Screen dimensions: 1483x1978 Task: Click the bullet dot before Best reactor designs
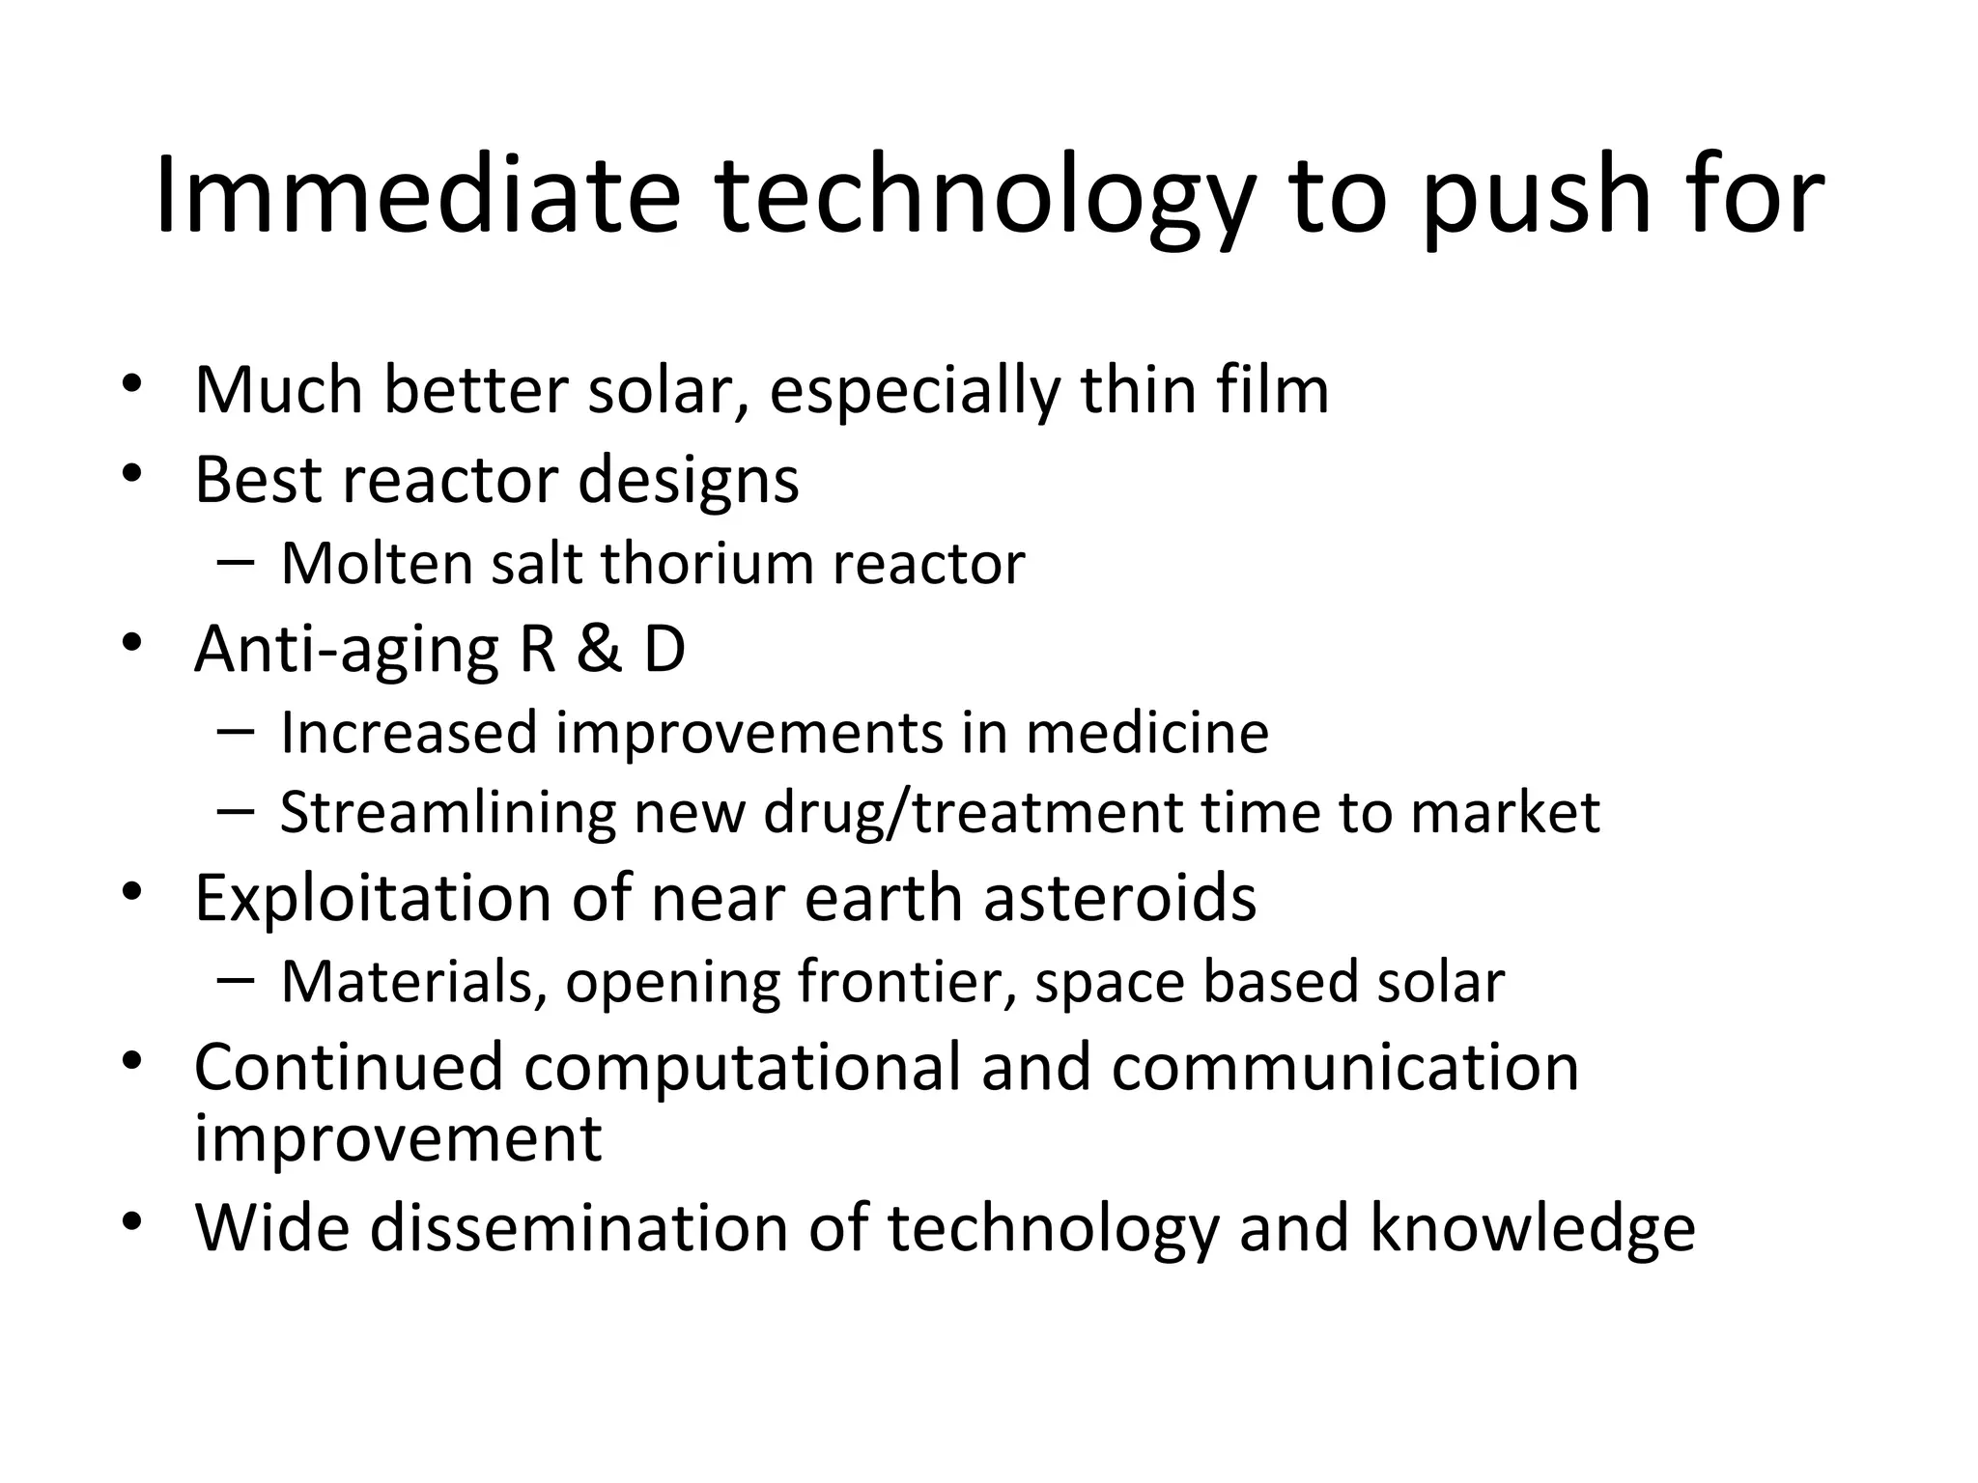click(x=132, y=473)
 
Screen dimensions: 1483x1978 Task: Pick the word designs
click(x=689, y=480)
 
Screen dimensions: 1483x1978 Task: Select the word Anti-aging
click(x=347, y=650)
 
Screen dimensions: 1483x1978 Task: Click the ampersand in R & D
click(x=600, y=649)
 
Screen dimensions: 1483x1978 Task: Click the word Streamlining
click(x=447, y=813)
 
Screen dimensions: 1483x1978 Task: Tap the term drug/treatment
click(x=973, y=813)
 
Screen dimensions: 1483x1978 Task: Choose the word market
click(x=1505, y=813)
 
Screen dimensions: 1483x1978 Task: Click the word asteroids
click(x=1119, y=898)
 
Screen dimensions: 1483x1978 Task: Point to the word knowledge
click(x=1532, y=1228)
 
